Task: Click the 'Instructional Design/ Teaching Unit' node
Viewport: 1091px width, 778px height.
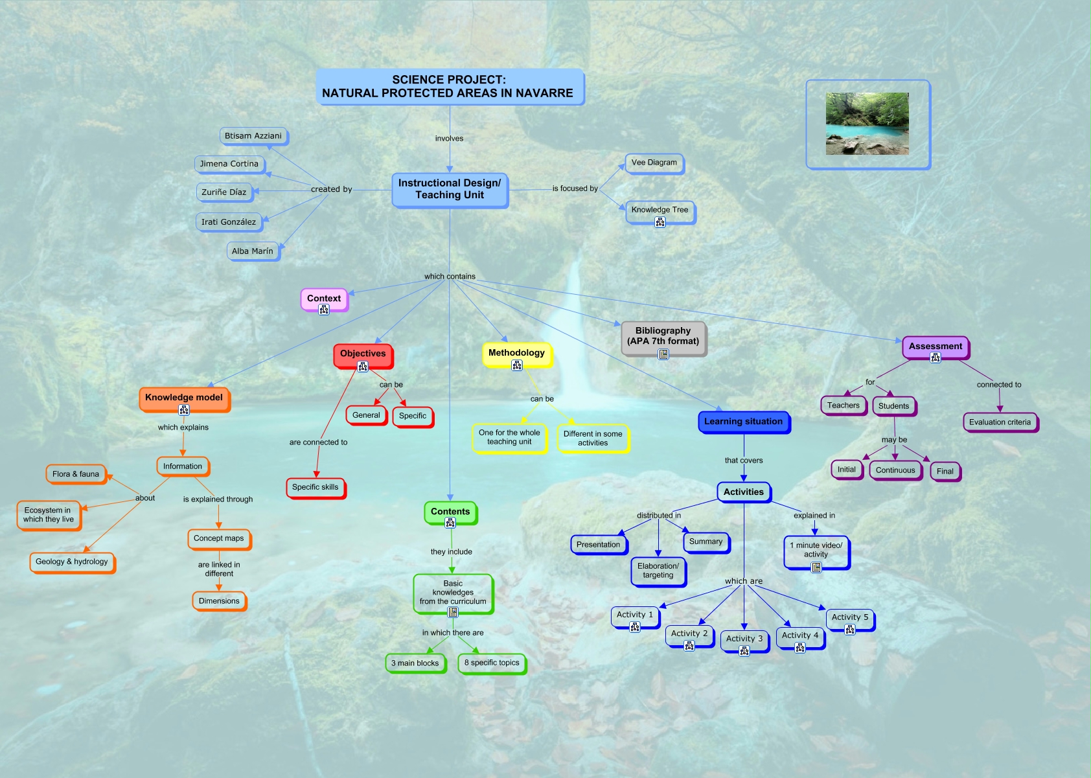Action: point(450,189)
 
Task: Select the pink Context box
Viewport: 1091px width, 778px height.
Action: point(323,298)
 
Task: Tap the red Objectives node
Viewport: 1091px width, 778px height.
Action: point(363,354)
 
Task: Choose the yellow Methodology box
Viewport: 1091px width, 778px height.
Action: point(516,353)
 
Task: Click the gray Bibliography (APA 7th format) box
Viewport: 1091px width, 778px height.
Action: point(663,336)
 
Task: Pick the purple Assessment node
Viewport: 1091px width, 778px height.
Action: point(935,347)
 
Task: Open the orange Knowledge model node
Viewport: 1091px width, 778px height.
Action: point(184,398)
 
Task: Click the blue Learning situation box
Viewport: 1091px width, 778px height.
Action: point(743,422)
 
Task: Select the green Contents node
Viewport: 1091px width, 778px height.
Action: point(450,512)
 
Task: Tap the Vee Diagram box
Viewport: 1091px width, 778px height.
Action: point(654,163)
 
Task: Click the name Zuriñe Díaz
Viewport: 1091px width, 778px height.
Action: point(224,192)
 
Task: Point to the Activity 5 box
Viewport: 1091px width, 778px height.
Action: point(850,617)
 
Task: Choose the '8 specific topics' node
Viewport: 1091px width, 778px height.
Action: point(492,663)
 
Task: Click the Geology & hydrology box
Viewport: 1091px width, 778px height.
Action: point(72,562)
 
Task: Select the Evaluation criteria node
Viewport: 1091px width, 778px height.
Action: point(1000,422)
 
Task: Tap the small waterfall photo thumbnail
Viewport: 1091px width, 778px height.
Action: point(867,124)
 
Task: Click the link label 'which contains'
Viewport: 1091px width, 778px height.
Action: point(450,277)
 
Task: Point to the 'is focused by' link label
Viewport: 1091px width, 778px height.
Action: point(575,189)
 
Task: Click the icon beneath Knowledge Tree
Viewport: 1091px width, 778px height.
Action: point(660,222)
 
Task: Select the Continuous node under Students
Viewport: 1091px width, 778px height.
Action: point(895,471)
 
